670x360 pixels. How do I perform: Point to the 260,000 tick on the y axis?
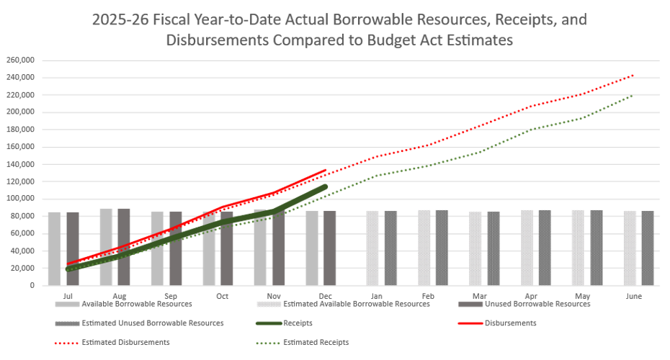tap(22, 60)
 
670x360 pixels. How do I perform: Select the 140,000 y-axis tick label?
tap(22, 164)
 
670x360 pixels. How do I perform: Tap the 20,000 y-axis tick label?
tap(24, 268)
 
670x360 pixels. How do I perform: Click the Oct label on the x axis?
tap(222, 296)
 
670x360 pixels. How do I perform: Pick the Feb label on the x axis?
tap(427, 296)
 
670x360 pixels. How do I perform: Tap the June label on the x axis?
tap(633, 296)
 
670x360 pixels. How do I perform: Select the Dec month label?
tap(325, 296)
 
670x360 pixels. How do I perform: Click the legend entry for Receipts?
tap(298, 323)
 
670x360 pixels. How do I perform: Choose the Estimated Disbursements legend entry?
tap(126, 343)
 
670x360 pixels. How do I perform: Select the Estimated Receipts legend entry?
tap(316, 343)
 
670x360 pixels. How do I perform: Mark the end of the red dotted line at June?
tap(633, 75)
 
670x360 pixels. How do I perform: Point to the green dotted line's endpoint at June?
tap(633, 94)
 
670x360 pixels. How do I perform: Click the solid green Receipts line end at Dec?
tap(325, 186)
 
